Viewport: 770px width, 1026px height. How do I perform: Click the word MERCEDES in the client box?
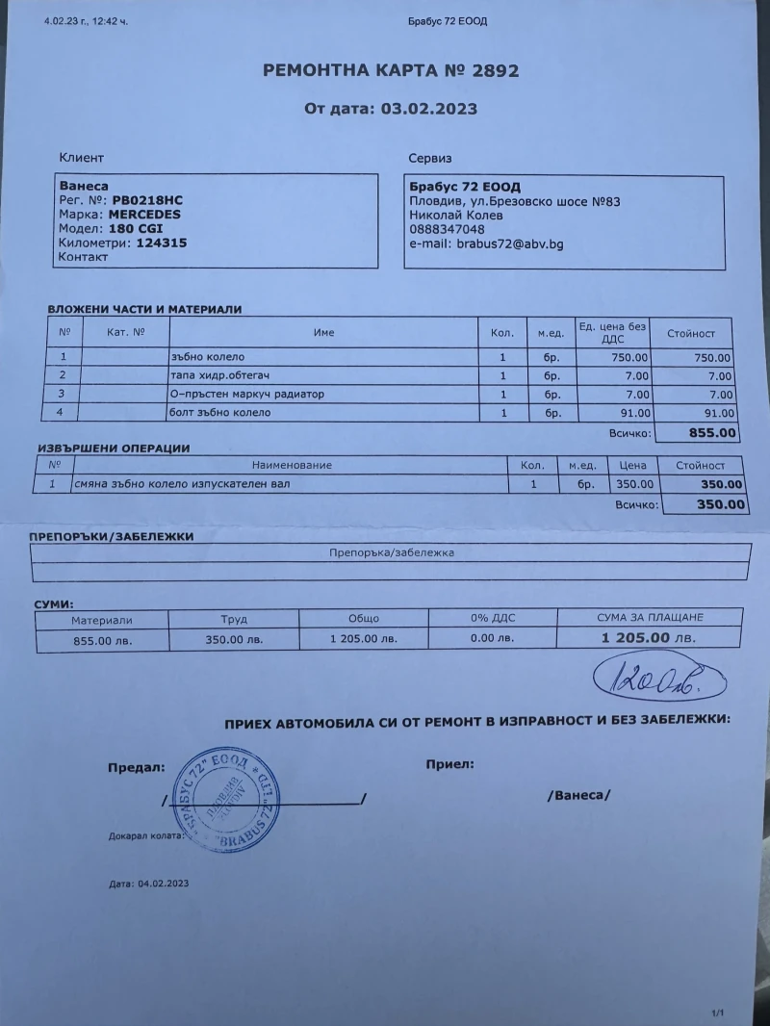tap(144, 215)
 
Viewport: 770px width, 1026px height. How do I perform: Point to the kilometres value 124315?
tap(148, 243)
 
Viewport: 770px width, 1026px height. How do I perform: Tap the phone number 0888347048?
tap(448, 230)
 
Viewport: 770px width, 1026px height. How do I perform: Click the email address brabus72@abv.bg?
tap(509, 244)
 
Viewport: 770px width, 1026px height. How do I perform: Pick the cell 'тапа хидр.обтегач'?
tap(221, 375)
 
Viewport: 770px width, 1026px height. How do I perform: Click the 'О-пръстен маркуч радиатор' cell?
tap(247, 394)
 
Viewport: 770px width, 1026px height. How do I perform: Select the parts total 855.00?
tap(713, 433)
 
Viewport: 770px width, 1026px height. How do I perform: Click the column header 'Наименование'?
tap(292, 465)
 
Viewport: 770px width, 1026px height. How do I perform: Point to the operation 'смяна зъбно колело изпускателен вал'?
tap(182, 484)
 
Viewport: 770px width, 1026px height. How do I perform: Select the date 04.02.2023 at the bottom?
tap(164, 882)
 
